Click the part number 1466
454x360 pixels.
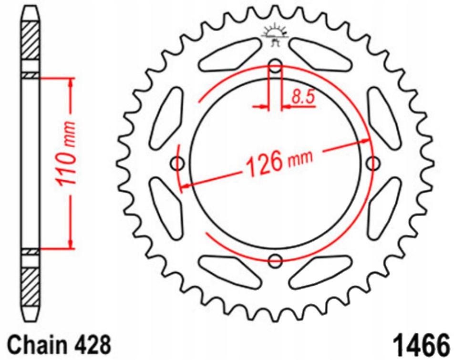tap(420, 344)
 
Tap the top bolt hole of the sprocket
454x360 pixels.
tap(275, 66)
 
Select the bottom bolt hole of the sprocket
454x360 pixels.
tap(275, 261)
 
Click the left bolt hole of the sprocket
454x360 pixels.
tap(178, 164)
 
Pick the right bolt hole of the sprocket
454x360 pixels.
tap(372, 164)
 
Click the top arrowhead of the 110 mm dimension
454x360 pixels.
tap(71, 83)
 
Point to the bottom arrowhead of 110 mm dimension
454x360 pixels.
tap(71, 244)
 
